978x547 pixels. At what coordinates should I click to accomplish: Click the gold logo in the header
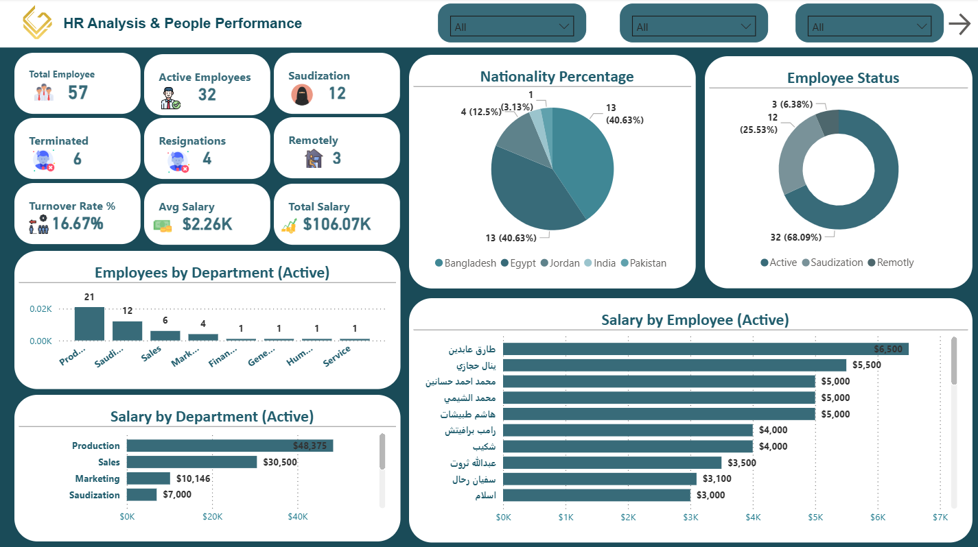(x=36, y=23)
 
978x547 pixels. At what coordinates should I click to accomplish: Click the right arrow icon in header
(x=959, y=25)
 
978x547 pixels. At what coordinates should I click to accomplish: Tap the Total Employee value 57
(x=78, y=93)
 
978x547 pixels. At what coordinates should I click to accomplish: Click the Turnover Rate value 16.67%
(x=78, y=223)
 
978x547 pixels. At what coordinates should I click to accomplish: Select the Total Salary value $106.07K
(x=337, y=224)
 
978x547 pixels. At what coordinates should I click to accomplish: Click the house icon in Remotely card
(x=313, y=158)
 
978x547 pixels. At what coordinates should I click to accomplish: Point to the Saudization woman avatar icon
(x=301, y=94)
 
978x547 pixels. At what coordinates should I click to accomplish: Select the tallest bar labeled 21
(x=89, y=324)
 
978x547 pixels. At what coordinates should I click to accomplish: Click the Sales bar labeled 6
(x=165, y=335)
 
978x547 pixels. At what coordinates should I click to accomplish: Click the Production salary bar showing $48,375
(x=229, y=446)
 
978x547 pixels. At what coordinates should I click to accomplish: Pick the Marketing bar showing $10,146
(x=148, y=478)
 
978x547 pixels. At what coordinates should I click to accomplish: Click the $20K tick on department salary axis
(x=213, y=516)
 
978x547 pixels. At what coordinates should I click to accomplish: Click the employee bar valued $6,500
(x=706, y=349)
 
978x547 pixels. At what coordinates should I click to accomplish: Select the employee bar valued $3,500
(x=612, y=463)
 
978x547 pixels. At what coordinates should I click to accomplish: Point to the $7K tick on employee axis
(x=940, y=516)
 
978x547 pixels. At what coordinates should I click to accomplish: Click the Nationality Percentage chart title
(x=557, y=77)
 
